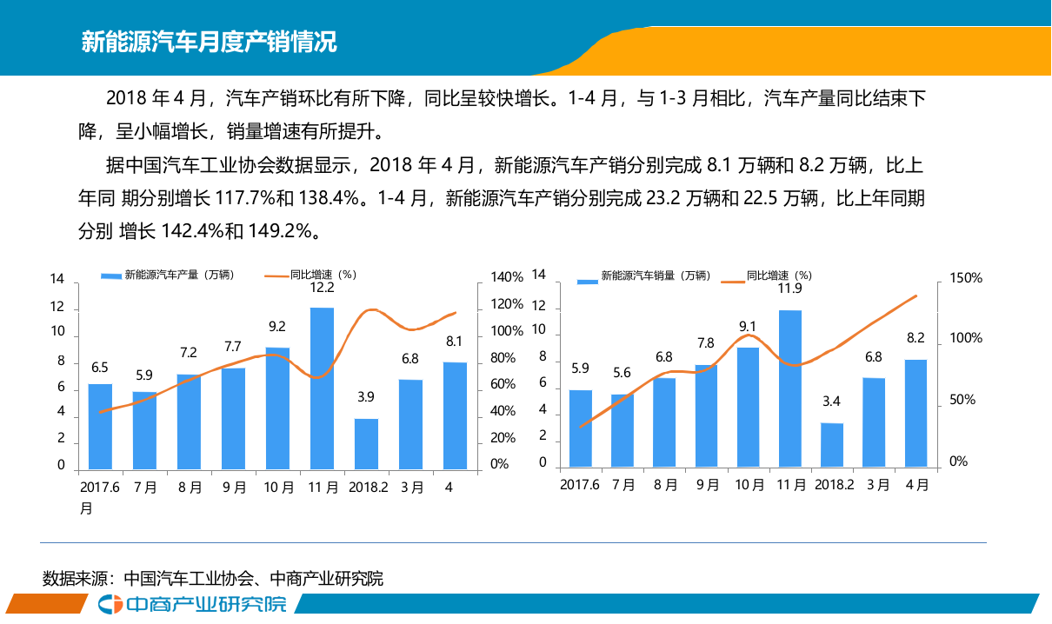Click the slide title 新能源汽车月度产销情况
click(209, 41)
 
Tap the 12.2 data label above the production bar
click(322, 288)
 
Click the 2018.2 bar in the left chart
click(366, 443)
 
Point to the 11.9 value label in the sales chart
click(789, 289)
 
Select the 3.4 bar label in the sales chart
click(831, 402)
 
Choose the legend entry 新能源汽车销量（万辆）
click(643, 276)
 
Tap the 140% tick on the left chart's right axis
click(507, 277)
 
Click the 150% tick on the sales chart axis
click(966, 278)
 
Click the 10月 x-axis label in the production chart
click(278, 488)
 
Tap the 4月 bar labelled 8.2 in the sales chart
click(915, 413)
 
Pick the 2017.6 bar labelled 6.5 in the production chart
click(100, 426)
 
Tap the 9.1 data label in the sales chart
click(748, 327)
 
